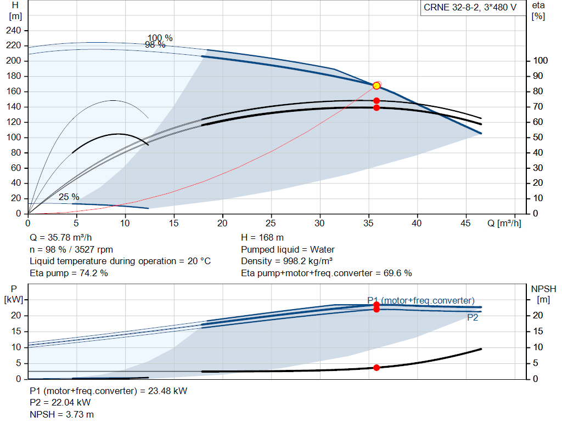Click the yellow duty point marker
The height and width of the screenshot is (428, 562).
376,86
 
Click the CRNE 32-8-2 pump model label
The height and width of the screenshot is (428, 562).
470,8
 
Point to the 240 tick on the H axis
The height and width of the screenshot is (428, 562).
14,31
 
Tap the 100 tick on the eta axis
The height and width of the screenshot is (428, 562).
541,60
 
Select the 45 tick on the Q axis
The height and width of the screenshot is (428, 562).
465,223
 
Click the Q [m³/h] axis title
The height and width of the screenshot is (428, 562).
504,223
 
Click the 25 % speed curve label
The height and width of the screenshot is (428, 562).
69,197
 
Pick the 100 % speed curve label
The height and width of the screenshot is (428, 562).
160,38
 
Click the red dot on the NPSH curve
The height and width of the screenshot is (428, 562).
376,368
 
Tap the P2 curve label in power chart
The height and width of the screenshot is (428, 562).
473,318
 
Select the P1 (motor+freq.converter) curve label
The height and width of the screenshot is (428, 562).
421,301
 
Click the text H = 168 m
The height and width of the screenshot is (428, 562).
262,238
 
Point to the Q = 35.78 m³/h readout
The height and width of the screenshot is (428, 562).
60,238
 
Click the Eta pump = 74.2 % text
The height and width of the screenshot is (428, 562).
69,273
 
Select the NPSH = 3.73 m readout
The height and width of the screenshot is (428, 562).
61,414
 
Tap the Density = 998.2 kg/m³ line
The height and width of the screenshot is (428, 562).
286,261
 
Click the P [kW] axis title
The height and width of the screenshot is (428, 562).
14,294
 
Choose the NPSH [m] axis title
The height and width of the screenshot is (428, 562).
543,294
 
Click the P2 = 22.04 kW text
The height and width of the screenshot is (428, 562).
60,403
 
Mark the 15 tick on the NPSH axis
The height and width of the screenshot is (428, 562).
538,332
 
